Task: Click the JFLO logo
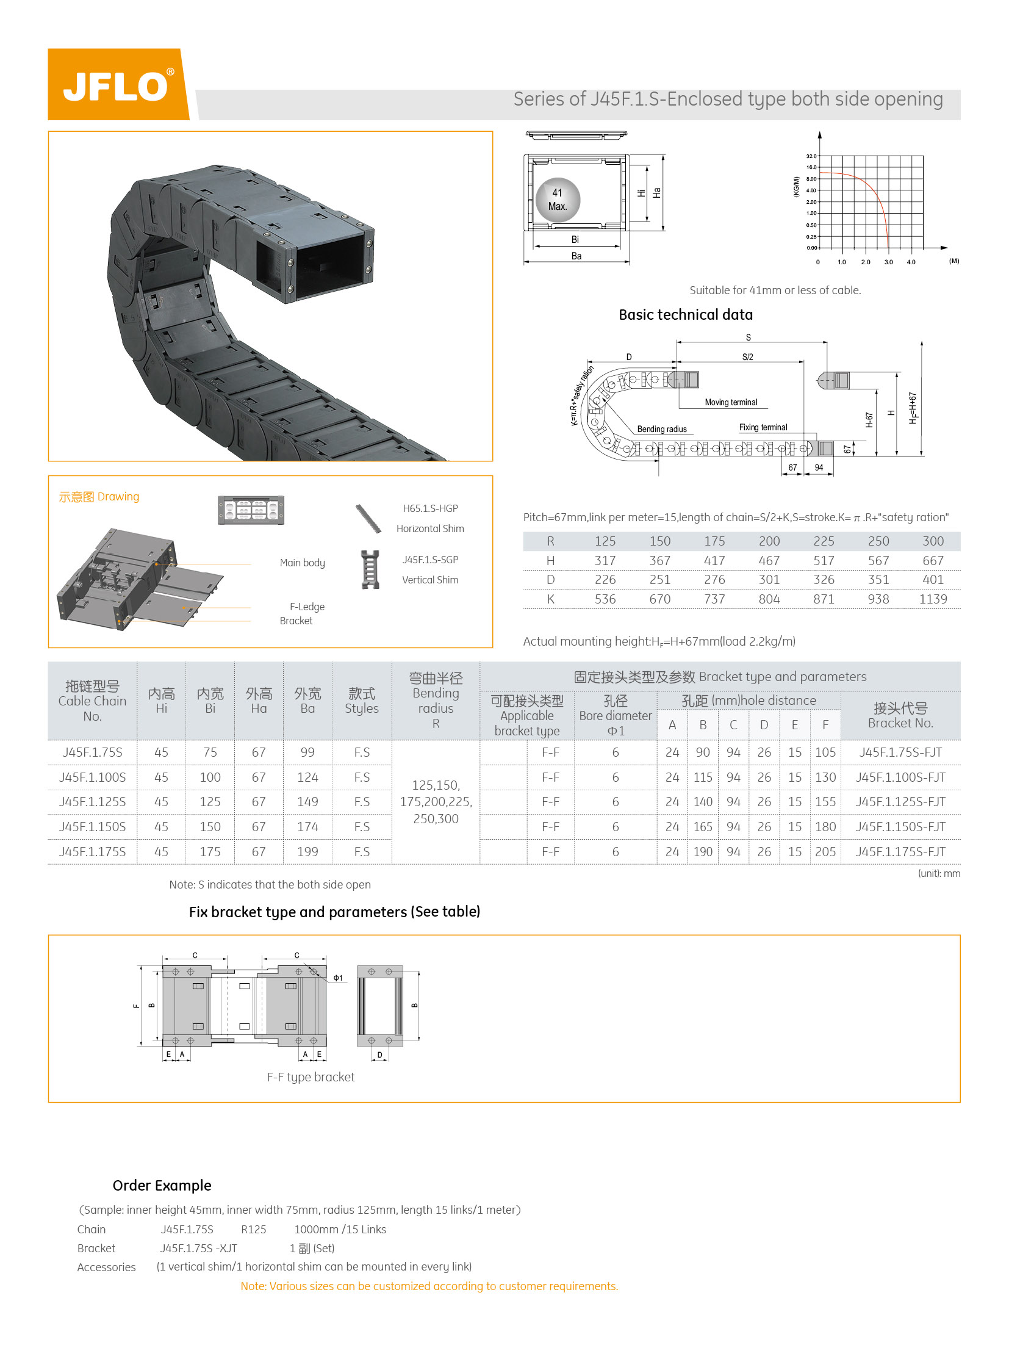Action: pyautogui.click(x=118, y=85)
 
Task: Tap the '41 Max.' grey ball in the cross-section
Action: pyautogui.click(x=557, y=200)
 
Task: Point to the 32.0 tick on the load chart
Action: pyautogui.click(x=811, y=156)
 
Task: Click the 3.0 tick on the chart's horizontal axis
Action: pyautogui.click(x=888, y=262)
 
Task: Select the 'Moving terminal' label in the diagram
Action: pyautogui.click(x=730, y=402)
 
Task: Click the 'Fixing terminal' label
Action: pyautogui.click(x=763, y=427)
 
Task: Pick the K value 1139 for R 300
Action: pyautogui.click(x=933, y=599)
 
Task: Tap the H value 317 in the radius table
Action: pyautogui.click(x=605, y=560)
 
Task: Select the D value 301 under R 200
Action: pyautogui.click(x=769, y=579)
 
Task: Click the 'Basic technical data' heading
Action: pyautogui.click(x=685, y=315)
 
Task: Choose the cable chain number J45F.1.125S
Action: pyautogui.click(x=92, y=802)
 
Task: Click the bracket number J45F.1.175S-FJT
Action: pyautogui.click(x=900, y=852)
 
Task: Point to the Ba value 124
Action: pyautogui.click(x=307, y=777)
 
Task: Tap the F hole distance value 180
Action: pyautogui.click(x=825, y=827)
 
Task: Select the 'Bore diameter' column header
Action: pyautogui.click(x=615, y=716)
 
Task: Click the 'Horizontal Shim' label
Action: pyautogui.click(x=430, y=528)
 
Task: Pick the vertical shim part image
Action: pyautogui.click(x=370, y=569)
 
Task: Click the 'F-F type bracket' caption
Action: pyautogui.click(x=311, y=1076)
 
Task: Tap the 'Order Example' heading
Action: pyautogui.click(x=162, y=1186)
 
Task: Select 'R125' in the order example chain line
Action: pyautogui.click(x=254, y=1230)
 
